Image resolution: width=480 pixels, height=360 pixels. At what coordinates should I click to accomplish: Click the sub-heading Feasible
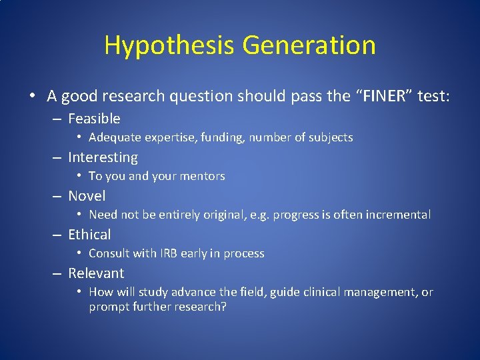tap(94, 119)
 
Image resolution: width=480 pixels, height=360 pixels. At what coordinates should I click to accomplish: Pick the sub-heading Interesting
tap(103, 157)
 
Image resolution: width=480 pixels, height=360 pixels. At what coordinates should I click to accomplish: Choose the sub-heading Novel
tap(87, 196)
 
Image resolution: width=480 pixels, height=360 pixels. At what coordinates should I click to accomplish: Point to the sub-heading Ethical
tap(89, 235)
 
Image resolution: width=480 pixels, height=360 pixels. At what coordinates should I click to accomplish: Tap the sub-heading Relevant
tap(96, 273)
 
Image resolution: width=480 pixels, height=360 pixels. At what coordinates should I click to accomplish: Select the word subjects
tap(331, 138)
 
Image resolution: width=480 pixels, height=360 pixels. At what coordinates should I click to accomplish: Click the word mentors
tap(203, 177)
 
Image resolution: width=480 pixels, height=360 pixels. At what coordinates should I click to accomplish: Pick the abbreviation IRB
tap(167, 253)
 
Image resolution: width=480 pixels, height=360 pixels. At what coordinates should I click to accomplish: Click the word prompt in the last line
tap(107, 307)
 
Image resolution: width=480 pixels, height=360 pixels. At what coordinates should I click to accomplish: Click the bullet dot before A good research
tap(33, 96)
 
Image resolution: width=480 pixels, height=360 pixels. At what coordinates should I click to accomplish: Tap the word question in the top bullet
tap(200, 97)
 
